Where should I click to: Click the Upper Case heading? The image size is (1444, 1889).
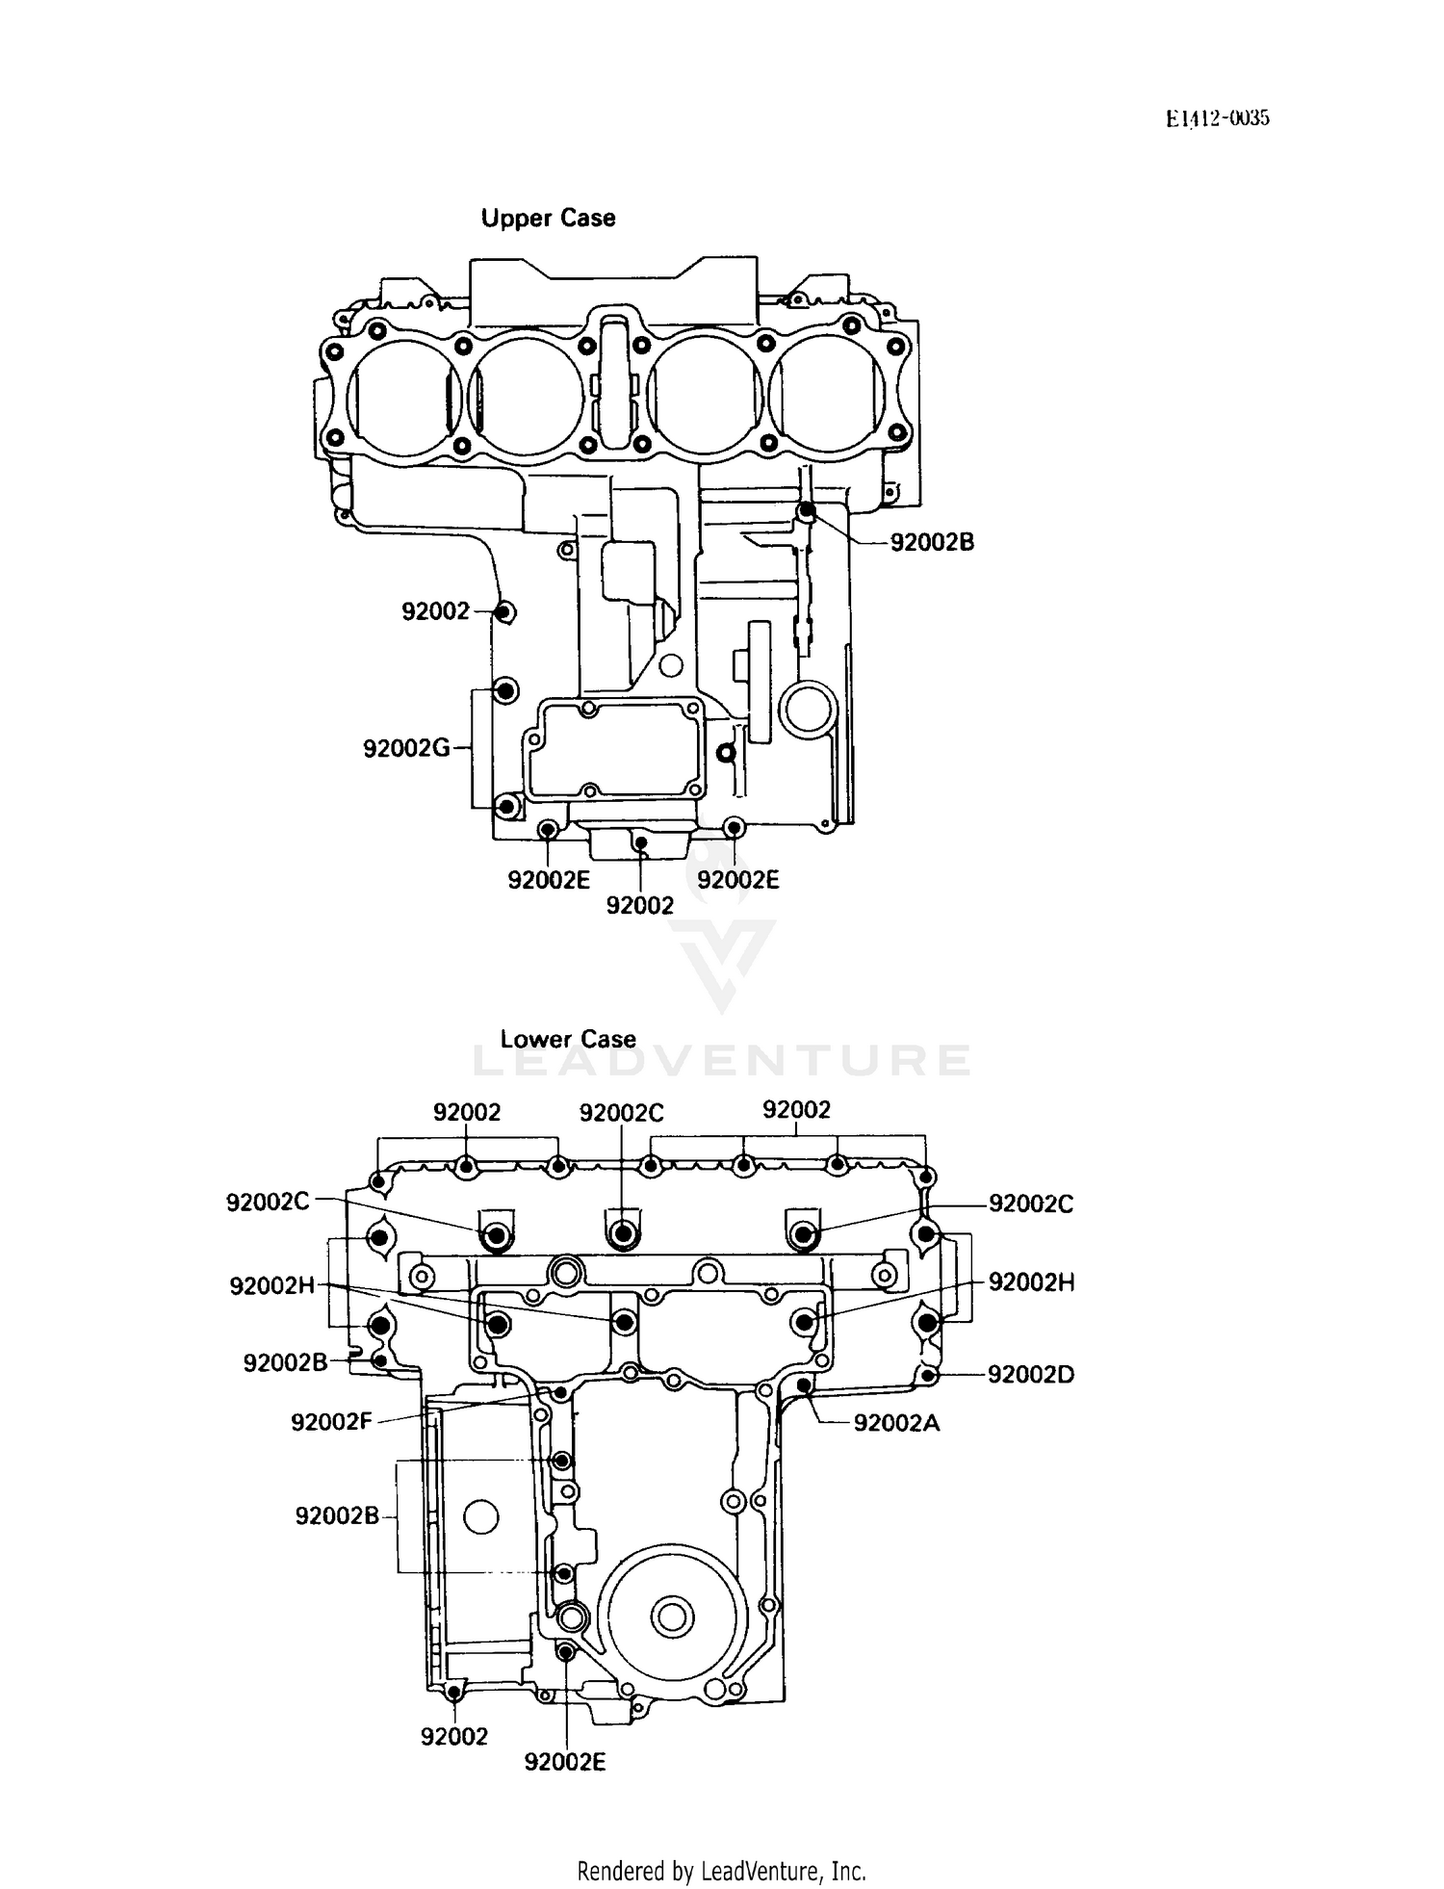pyautogui.click(x=548, y=219)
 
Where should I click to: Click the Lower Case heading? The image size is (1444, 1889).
pyautogui.click(x=568, y=1040)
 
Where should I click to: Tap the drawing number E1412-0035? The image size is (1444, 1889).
pyautogui.click(x=1218, y=118)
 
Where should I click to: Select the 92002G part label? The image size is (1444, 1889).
pyautogui.click(x=406, y=748)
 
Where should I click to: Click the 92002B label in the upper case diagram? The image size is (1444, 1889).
pyautogui.click(x=931, y=543)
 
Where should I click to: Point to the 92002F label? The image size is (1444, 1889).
pyautogui.click(x=331, y=1421)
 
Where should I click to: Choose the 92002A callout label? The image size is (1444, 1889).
pyautogui.click(x=896, y=1423)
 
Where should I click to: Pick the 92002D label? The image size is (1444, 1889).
pyautogui.click(x=1030, y=1375)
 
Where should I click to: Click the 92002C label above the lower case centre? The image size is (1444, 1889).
pyautogui.click(x=621, y=1113)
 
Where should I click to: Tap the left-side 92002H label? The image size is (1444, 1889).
pyautogui.click(x=271, y=1285)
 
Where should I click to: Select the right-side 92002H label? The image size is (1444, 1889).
pyautogui.click(x=1031, y=1282)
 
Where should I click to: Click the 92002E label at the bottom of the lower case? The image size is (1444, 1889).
pyautogui.click(x=564, y=1762)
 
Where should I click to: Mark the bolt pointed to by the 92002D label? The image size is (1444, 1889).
pyautogui.click(x=927, y=1376)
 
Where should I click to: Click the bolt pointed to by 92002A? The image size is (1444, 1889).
pyautogui.click(x=805, y=1385)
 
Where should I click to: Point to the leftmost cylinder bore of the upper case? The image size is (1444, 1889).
pyautogui.click(x=401, y=394)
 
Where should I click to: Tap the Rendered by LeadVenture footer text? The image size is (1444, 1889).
pyautogui.click(x=721, y=1872)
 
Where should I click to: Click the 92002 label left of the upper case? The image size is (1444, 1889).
pyautogui.click(x=435, y=611)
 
